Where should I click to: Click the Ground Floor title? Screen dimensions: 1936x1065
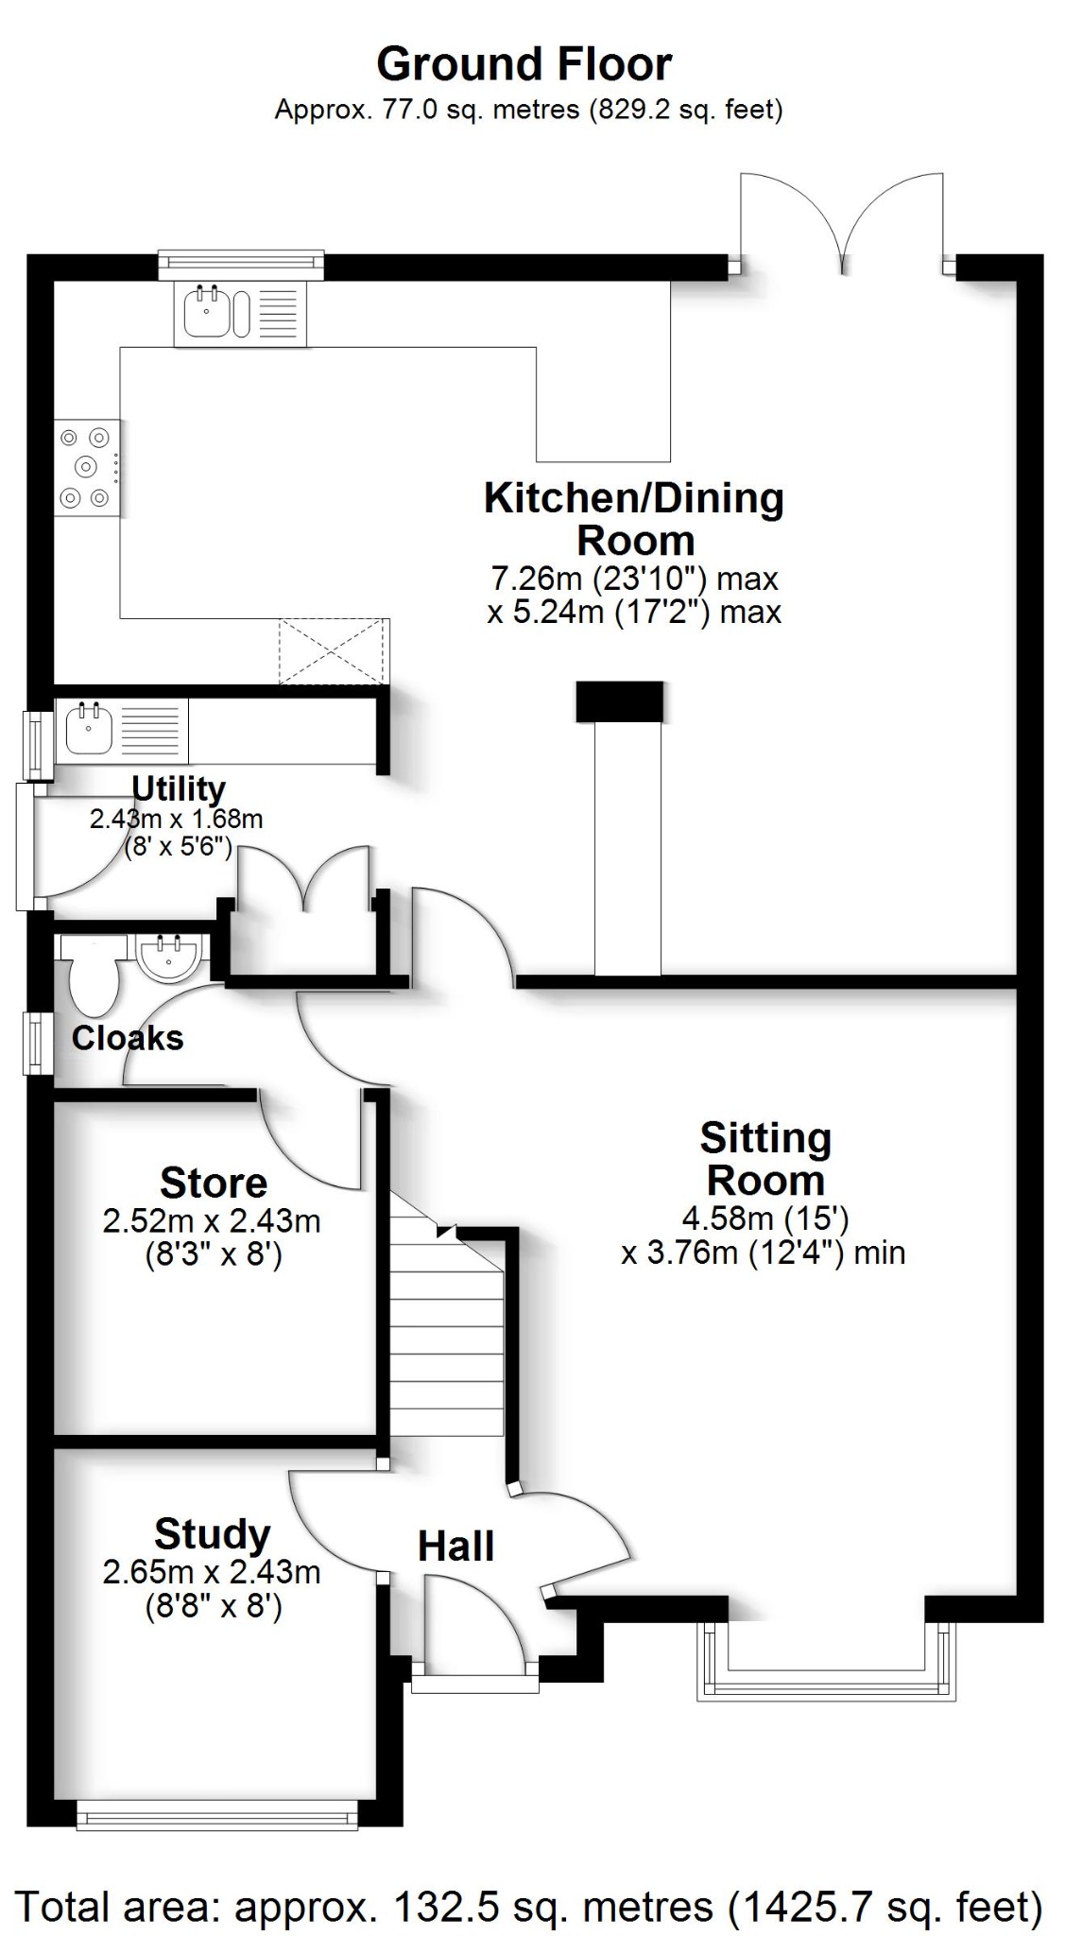(524, 64)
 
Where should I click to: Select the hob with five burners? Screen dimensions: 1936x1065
(87, 467)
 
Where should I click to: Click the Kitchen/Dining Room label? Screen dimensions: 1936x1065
(634, 519)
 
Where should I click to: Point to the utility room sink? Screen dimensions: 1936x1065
(90, 730)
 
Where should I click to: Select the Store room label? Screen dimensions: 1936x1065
(214, 1183)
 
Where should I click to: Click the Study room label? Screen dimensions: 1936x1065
(212, 1534)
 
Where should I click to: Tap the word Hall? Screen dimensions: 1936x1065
(455, 1547)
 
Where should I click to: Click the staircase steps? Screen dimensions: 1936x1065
(447, 1342)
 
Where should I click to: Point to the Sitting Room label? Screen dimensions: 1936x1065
(765, 1160)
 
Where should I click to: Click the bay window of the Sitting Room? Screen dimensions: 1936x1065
(820, 1679)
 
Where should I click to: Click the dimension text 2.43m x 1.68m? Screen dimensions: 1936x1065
(176, 819)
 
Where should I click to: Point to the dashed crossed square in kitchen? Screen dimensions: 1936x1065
(334, 651)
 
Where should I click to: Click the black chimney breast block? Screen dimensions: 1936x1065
(619, 702)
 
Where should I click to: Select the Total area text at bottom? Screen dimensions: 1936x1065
(529, 1906)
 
